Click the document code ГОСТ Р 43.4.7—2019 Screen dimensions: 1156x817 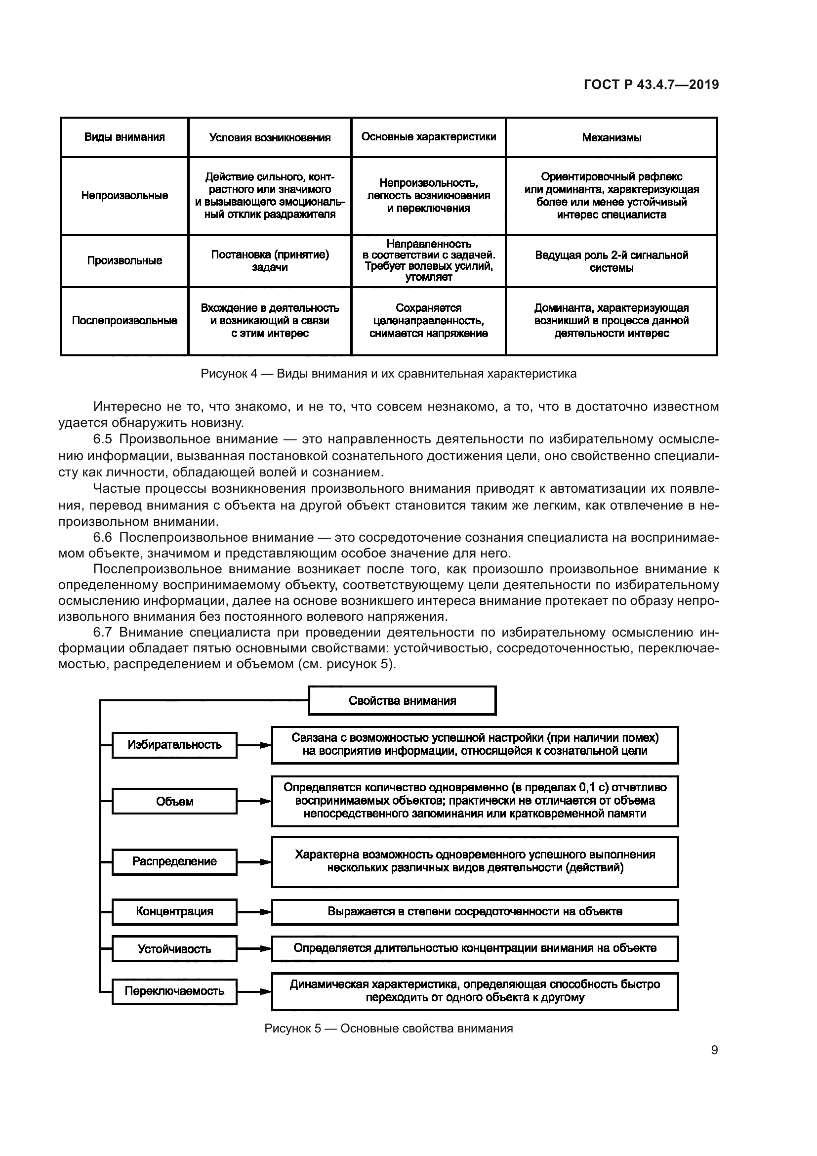pos(651,85)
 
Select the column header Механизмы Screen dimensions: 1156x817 pos(611,137)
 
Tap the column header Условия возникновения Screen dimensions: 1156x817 pos(270,137)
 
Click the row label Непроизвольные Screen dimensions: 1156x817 pos(124,195)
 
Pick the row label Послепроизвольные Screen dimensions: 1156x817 pos(124,321)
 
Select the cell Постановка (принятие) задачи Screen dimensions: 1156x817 pos(270,261)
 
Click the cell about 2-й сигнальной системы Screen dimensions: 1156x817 pos(611,261)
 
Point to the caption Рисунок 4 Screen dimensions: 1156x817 pos(388,374)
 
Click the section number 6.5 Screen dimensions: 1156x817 pos(102,439)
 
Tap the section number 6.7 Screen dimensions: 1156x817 pos(102,633)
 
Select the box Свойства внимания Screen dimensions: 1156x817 pos(402,700)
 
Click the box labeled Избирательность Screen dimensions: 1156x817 pos(174,745)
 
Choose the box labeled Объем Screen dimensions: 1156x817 pos(174,801)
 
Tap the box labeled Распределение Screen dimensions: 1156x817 pos(174,861)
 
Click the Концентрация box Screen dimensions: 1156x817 pos(174,911)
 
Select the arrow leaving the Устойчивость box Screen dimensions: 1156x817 pos(254,948)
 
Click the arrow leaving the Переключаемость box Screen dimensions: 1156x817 pos(254,991)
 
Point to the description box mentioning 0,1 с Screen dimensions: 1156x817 pos(474,801)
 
